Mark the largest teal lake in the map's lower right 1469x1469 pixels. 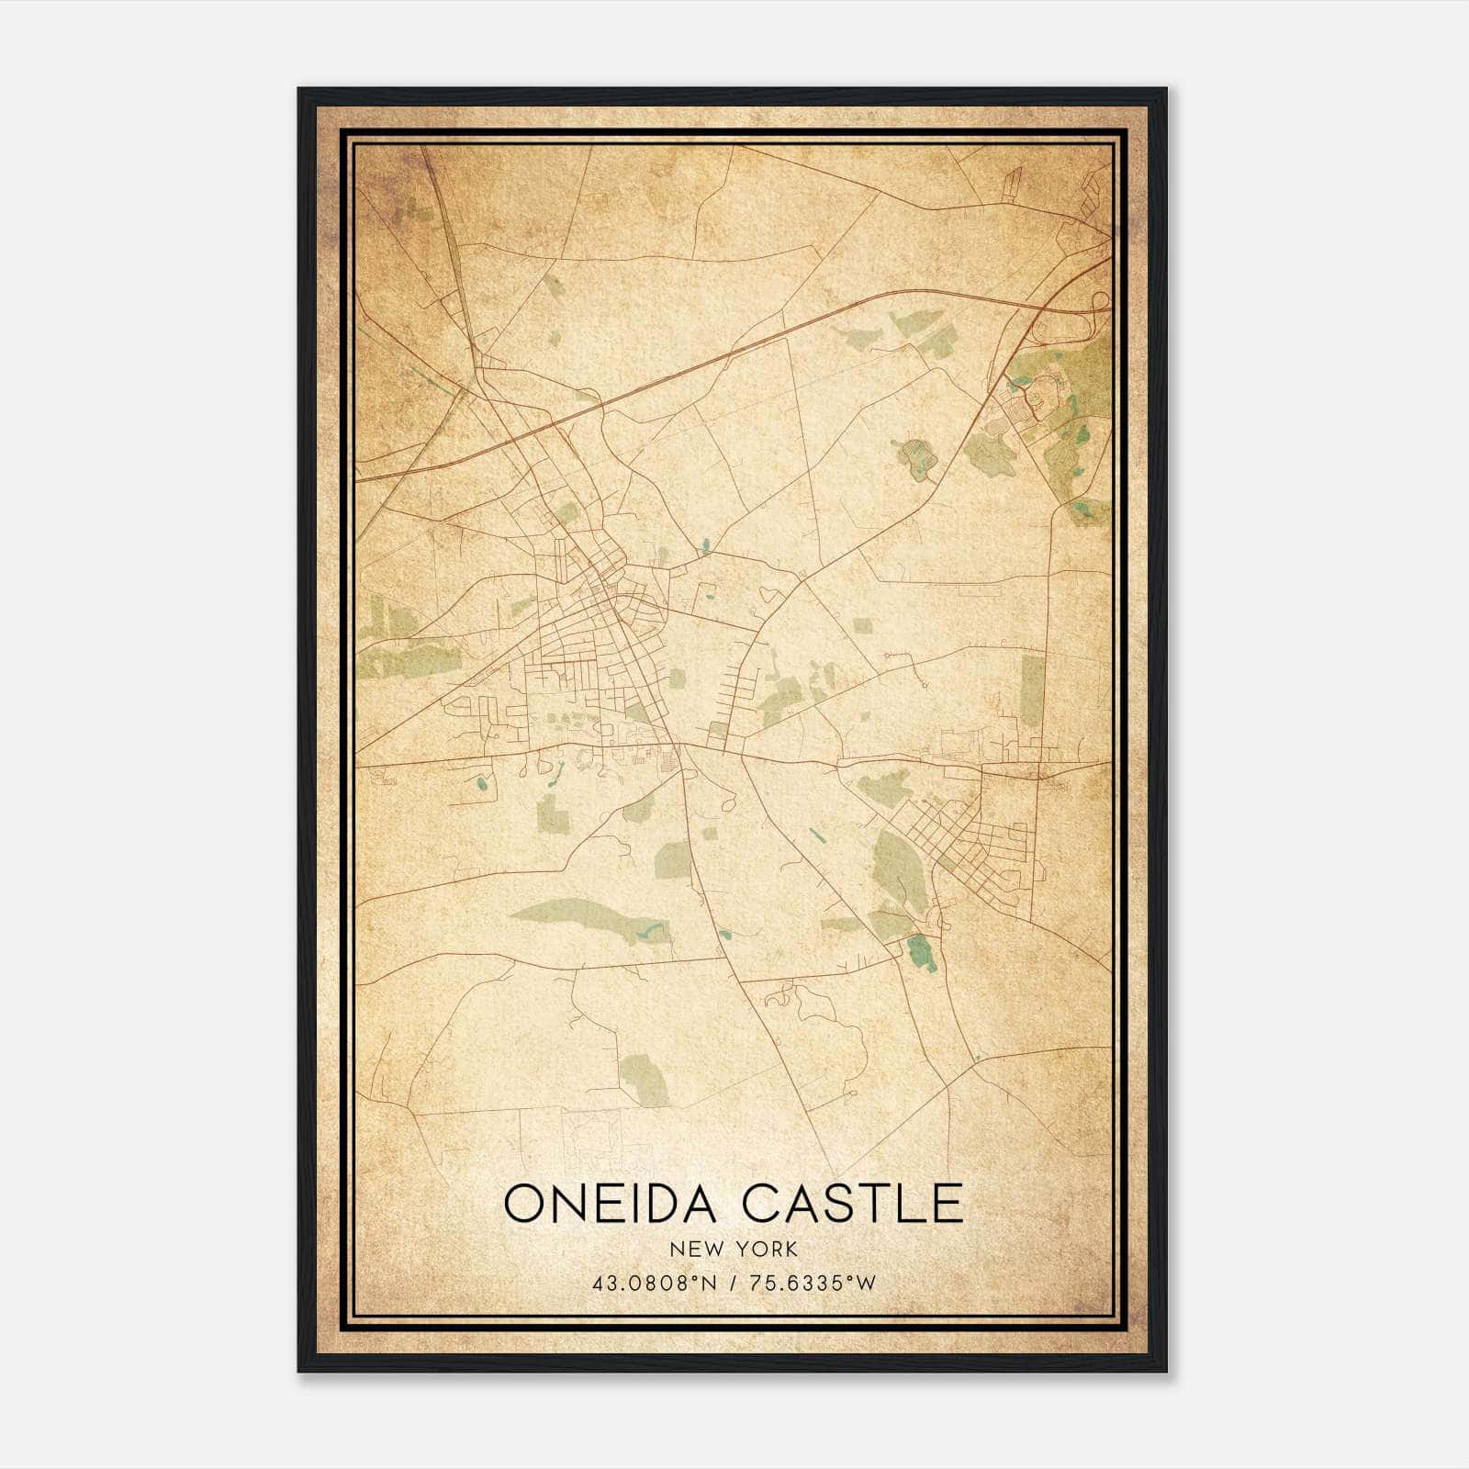click(x=921, y=952)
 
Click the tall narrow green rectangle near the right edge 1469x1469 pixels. click(x=1033, y=691)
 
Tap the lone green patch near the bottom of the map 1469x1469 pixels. click(x=645, y=1077)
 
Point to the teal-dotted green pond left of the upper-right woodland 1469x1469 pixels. click(x=916, y=456)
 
